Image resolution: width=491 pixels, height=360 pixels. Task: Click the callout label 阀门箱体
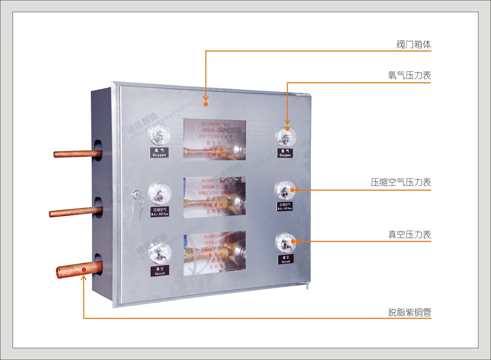coord(414,44)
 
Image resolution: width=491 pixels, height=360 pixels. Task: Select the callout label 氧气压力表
coord(409,76)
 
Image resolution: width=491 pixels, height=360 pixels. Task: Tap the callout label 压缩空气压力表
coord(401,182)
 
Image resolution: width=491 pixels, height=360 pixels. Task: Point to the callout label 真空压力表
coord(410,234)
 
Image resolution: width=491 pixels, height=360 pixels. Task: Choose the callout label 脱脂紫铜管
coord(410,312)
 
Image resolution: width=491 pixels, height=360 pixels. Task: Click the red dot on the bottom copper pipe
coord(84,269)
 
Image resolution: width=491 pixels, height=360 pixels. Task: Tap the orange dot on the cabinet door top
coord(205,104)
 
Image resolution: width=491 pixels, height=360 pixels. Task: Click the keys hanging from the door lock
coord(140,206)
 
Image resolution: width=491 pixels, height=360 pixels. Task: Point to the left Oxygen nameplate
coord(159,153)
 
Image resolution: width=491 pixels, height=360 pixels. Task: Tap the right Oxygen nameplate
coord(285,153)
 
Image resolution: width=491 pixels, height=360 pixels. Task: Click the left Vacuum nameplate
coord(160,271)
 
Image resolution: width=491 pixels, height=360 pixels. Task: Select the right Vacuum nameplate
coord(286,259)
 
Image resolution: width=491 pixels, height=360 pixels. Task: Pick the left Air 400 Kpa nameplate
coord(160,212)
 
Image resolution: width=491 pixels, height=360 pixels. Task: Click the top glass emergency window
coord(215,140)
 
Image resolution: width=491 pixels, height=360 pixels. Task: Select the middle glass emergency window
coord(215,197)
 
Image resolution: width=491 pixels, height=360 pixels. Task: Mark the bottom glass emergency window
coord(215,253)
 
